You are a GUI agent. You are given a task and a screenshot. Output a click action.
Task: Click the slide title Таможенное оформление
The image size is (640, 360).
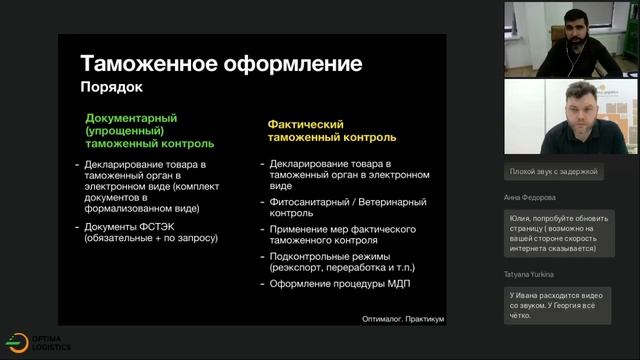(x=220, y=65)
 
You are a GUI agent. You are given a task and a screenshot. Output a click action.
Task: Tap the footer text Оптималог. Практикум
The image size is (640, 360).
(x=403, y=319)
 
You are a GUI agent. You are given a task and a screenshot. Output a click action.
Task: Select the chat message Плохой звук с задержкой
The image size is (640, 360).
(x=553, y=171)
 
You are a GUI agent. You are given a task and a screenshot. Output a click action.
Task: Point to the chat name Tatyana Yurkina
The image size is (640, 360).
(x=529, y=272)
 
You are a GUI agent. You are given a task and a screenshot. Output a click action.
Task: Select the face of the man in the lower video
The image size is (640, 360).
(x=582, y=113)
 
